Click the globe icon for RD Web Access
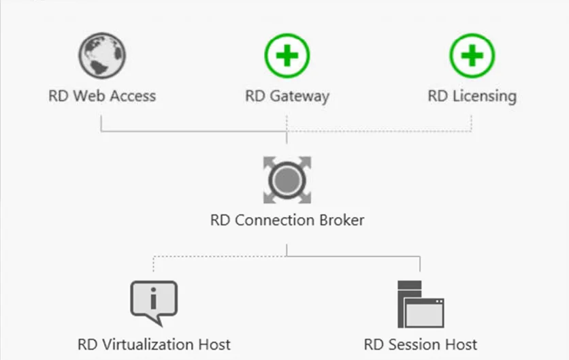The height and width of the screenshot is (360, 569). coord(102,56)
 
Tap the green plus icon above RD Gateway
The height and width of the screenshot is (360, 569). coord(287,56)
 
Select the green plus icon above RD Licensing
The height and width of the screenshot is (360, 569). coord(472,56)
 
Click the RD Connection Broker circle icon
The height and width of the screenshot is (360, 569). coord(287,180)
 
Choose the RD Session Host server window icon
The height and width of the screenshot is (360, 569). coord(421,304)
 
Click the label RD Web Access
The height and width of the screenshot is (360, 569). coord(102,96)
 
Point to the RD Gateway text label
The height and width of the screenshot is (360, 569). coord(287,97)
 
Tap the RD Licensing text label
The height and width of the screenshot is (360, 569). coord(472,97)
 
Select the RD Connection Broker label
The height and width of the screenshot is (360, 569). coord(287,220)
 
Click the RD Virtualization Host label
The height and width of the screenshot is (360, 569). coord(154,344)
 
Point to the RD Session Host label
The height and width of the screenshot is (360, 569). coord(421,344)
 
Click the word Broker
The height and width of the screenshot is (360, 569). coord(342,220)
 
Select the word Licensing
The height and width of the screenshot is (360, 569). coord(485,97)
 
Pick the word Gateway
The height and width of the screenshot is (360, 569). coord(299,97)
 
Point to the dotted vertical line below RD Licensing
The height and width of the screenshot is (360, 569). coord(472,123)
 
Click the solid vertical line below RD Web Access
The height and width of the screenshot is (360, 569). coord(101,123)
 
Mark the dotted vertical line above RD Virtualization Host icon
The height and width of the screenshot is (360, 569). coord(154,264)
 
